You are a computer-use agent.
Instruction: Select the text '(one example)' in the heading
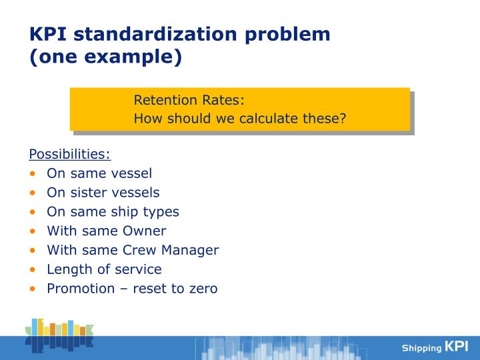pyautogui.click(x=105, y=57)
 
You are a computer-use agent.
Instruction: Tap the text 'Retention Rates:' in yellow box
pyautogui.click(x=189, y=101)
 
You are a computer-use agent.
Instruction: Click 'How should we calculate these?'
pyautogui.click(x=240, y=119)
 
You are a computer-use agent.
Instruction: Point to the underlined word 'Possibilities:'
pyautogui.click(x=69, y=154)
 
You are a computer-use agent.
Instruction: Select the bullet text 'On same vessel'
pyautogui.click(x=99, y=173)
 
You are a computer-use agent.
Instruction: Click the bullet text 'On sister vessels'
pyautogui.click(x=103, y=193)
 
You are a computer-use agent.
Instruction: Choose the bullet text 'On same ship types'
pyautogui.click(x=113, y=212)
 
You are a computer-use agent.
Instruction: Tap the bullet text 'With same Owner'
pyautogui.click(x=107, y=231)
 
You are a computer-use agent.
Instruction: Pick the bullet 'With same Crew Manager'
pyautogui.click(x=133, y=251)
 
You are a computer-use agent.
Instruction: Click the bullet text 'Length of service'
pyautogui.click(x=104, y=269)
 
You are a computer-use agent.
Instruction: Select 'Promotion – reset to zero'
pyautogui.click(x=132, y=289)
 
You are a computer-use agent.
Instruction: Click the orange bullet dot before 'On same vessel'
pyautogui.click(x=33, y=174)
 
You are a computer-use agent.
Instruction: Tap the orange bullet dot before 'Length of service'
pyautogui.click(x=33, y=270)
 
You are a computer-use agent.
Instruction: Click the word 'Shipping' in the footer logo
pyautogui.click(x=421, y=348)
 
